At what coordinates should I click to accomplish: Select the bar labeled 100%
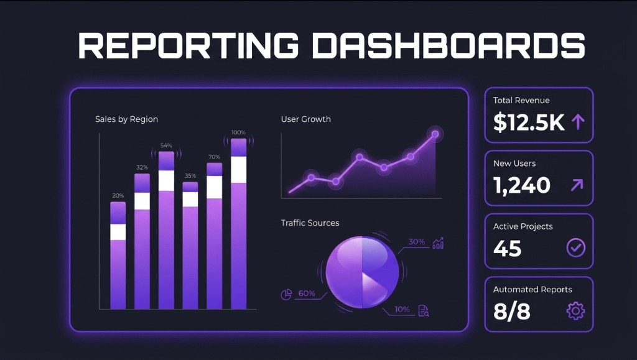(239, 224)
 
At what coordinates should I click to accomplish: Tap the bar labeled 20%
(118, 255)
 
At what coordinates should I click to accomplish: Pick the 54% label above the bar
(166, 145)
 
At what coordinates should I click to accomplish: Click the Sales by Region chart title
(126, 119)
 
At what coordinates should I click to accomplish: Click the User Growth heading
(305, 119)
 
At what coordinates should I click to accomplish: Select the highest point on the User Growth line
(435, 134)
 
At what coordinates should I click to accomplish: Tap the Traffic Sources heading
(310, 223)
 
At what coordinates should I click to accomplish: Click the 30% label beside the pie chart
(416, 242)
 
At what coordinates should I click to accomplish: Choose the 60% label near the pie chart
(307, 293)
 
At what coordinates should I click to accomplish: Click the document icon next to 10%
(424, 310)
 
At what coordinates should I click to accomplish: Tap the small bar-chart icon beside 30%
(438, 242)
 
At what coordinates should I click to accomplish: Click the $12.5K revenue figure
(529, 122)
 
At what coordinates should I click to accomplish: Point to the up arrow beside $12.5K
(578, 122)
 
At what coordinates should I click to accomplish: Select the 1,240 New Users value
(521, 185)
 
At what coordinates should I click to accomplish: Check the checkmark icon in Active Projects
(576, 248)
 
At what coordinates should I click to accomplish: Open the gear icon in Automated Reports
(576, 311)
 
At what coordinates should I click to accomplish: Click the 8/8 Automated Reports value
(511, 311)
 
